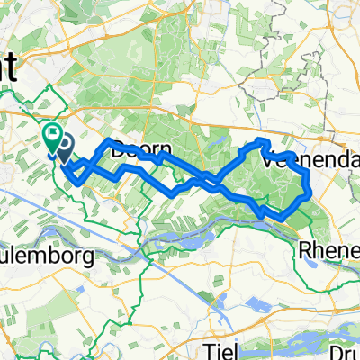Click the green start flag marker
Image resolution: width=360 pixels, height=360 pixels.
pos(53,138)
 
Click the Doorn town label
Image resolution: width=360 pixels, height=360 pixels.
pos(136,153)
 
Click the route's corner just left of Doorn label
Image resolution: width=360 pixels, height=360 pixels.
pos(109,141)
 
